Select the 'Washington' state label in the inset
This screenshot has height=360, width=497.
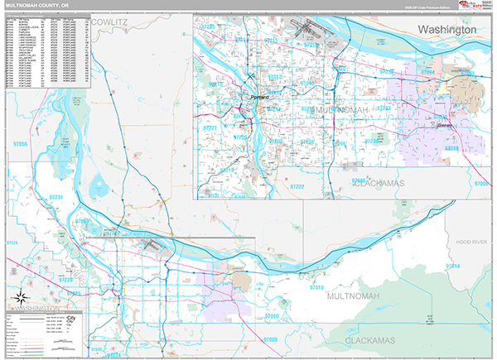[447, 29]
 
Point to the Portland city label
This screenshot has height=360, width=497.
[260, 98]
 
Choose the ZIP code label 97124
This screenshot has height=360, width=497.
[12, 242]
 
